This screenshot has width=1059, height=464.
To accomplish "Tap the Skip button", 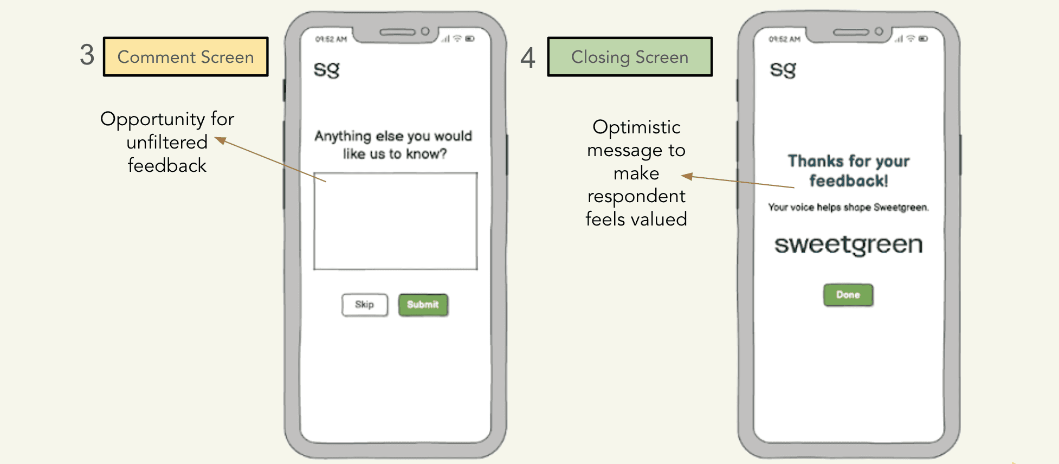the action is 365,305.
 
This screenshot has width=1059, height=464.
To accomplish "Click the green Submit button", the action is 423,305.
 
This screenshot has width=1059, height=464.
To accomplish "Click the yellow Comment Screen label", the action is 186,57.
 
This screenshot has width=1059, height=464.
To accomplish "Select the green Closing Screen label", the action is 630,57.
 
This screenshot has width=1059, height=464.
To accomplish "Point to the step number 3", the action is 87,55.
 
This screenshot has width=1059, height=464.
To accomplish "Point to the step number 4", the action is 528,57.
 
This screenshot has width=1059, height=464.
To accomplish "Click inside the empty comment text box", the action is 396,221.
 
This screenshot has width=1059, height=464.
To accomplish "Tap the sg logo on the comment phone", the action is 327,70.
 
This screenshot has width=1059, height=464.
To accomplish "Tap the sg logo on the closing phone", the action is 783,70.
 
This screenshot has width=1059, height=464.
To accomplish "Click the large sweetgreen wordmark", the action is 848,245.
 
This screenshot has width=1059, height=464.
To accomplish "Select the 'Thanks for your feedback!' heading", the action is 849,171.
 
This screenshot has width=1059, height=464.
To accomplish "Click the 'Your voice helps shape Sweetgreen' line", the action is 848,207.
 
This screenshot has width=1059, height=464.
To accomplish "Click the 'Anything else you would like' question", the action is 394,145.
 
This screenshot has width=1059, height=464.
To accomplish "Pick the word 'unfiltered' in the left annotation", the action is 167,142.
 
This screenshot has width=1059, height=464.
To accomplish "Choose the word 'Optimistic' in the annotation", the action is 636,127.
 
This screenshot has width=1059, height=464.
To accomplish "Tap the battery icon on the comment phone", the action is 470,38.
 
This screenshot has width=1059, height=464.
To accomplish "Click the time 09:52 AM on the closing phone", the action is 784,39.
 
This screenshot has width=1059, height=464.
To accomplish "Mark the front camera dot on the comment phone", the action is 425,31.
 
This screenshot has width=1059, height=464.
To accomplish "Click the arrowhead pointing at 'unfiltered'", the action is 220,141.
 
